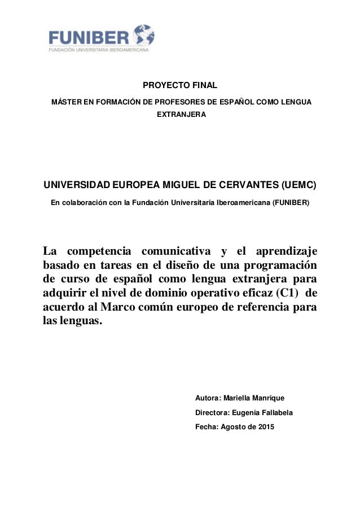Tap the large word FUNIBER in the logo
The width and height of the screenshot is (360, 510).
point(89,37)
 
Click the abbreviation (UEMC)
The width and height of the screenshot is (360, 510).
point(298,185)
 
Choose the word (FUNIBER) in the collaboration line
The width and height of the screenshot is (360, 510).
point(291,202)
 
